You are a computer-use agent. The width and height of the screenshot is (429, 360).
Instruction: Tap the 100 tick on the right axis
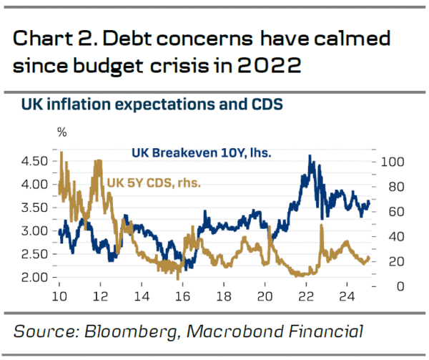[393, 162]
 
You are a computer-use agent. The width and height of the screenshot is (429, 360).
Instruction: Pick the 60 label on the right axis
[390, 212]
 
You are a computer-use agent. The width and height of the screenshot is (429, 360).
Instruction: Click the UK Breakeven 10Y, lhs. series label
[195, 152]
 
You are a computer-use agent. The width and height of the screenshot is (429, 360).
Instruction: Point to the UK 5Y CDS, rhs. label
[153, 183]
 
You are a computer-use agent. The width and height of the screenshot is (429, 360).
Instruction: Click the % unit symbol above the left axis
[62, 132]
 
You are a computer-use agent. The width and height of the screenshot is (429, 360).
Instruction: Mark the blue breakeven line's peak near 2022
[310, 156]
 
